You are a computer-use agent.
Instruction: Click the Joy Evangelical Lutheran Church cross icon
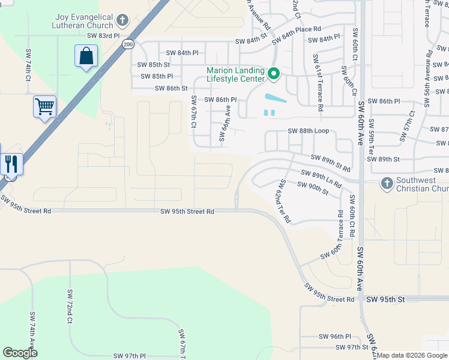coord(122,22)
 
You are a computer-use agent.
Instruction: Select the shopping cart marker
coord(45,107)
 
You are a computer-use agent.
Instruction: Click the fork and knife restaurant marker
coord(11,163)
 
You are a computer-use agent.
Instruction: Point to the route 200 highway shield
coord(128,44)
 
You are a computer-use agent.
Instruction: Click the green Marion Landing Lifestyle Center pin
coord(274,74)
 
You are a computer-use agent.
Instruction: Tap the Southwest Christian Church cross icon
coord(387,182)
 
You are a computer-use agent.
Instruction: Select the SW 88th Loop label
coord(309,131)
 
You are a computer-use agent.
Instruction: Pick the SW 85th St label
coord(154,64)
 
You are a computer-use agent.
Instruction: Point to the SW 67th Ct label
coord(194,112)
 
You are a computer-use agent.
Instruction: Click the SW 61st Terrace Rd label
coord(318,82)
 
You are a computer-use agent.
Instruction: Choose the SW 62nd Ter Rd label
coord(283,201)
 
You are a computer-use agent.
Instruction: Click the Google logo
coord(20,353)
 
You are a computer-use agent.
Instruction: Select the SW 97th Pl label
coord(125,356)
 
